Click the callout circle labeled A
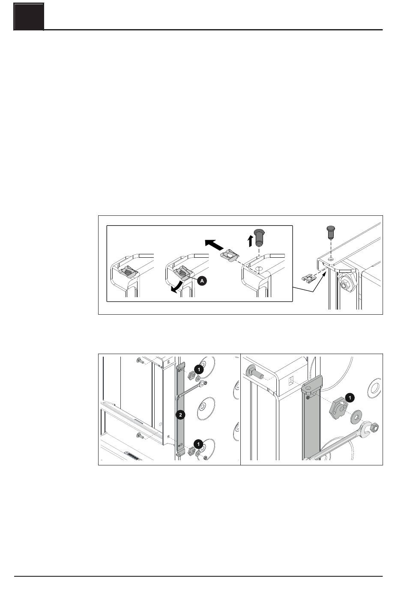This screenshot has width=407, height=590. [x=202, y=281]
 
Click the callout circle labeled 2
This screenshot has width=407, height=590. [x=180, y=415]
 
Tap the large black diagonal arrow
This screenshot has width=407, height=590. [x=214, y=244]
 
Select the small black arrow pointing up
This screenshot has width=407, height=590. [x=250, y=241]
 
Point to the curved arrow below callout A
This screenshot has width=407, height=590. [x=176, y=287]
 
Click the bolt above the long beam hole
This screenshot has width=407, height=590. [x=330, y=232]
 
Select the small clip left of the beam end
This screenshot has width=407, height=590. [x=308, y=278]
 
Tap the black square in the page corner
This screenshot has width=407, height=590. [x=29, y=17]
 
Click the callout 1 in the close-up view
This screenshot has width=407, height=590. [x=350, y=398]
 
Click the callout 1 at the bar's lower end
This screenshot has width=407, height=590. [x=198, y=444]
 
